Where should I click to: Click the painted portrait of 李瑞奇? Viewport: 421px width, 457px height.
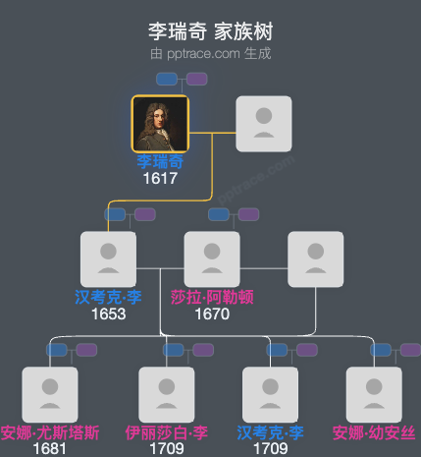(x=160, y=124)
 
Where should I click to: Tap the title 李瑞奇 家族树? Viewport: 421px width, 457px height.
(x=211, y=31)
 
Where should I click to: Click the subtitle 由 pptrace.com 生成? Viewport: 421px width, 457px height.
(x=211, y=53)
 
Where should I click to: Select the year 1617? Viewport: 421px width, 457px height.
(x=160, y=179)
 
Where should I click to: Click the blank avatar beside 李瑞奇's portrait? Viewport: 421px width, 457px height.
(x=264, y=124)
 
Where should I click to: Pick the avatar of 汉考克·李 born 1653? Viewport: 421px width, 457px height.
(x=108, y=259)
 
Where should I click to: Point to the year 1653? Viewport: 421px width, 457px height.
(x=108, y=314)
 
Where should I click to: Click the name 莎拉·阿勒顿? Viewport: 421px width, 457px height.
(x=212, y=297)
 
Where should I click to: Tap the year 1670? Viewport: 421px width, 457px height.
(x=212, y=314)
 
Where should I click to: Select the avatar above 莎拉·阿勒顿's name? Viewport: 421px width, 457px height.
(x=212, y=259)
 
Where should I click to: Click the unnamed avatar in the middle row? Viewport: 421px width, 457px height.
(x=315, y=259)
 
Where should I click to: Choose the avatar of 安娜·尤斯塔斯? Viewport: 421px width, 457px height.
(x=49, y=394)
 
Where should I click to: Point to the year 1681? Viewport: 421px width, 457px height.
(x=49, y=449)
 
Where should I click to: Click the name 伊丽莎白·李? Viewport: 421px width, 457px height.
(x=166, y=432)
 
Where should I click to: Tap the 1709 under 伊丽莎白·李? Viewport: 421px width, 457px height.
(x=166, y=449)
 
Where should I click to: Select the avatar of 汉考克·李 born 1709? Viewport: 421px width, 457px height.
(x=270, y=394)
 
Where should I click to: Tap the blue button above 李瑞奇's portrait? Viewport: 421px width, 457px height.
(x=167, y=79)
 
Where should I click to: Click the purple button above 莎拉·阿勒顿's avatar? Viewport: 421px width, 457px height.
(x=248, y=214)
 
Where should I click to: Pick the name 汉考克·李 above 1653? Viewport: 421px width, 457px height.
(x=108, y=297)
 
